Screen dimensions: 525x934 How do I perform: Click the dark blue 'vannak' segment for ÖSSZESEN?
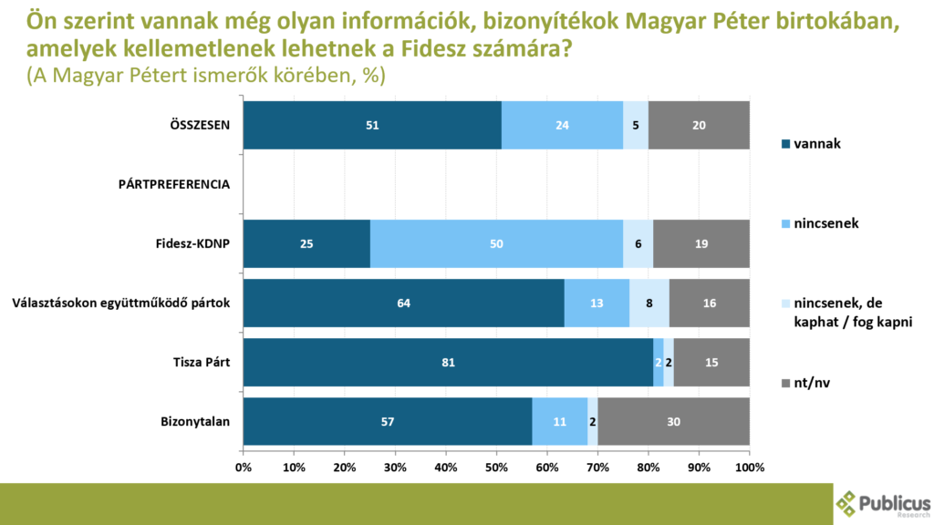point(372,125)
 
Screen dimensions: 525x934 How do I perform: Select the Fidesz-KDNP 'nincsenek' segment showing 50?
point(496,243)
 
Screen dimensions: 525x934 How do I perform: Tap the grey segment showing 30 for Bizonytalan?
point(673,421)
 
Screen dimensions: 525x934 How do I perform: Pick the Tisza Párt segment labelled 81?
point(448,362)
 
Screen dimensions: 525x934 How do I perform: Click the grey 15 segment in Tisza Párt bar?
point(711,362)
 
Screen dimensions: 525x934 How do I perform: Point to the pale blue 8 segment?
point(649,303)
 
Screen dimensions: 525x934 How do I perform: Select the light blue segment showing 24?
point(562,125)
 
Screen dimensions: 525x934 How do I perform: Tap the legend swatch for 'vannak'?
point(786,143)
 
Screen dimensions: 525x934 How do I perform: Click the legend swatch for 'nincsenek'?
point(786,222)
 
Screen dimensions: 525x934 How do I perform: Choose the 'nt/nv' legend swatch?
point(786,384)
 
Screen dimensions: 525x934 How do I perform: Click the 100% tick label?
point(750,467)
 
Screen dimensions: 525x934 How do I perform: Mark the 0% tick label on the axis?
point(244,467)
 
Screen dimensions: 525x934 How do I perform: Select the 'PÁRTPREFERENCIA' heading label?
point(174,184)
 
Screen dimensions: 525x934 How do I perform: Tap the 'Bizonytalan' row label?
point(195,421)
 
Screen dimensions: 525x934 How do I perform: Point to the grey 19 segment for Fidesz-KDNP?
point(701,243)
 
